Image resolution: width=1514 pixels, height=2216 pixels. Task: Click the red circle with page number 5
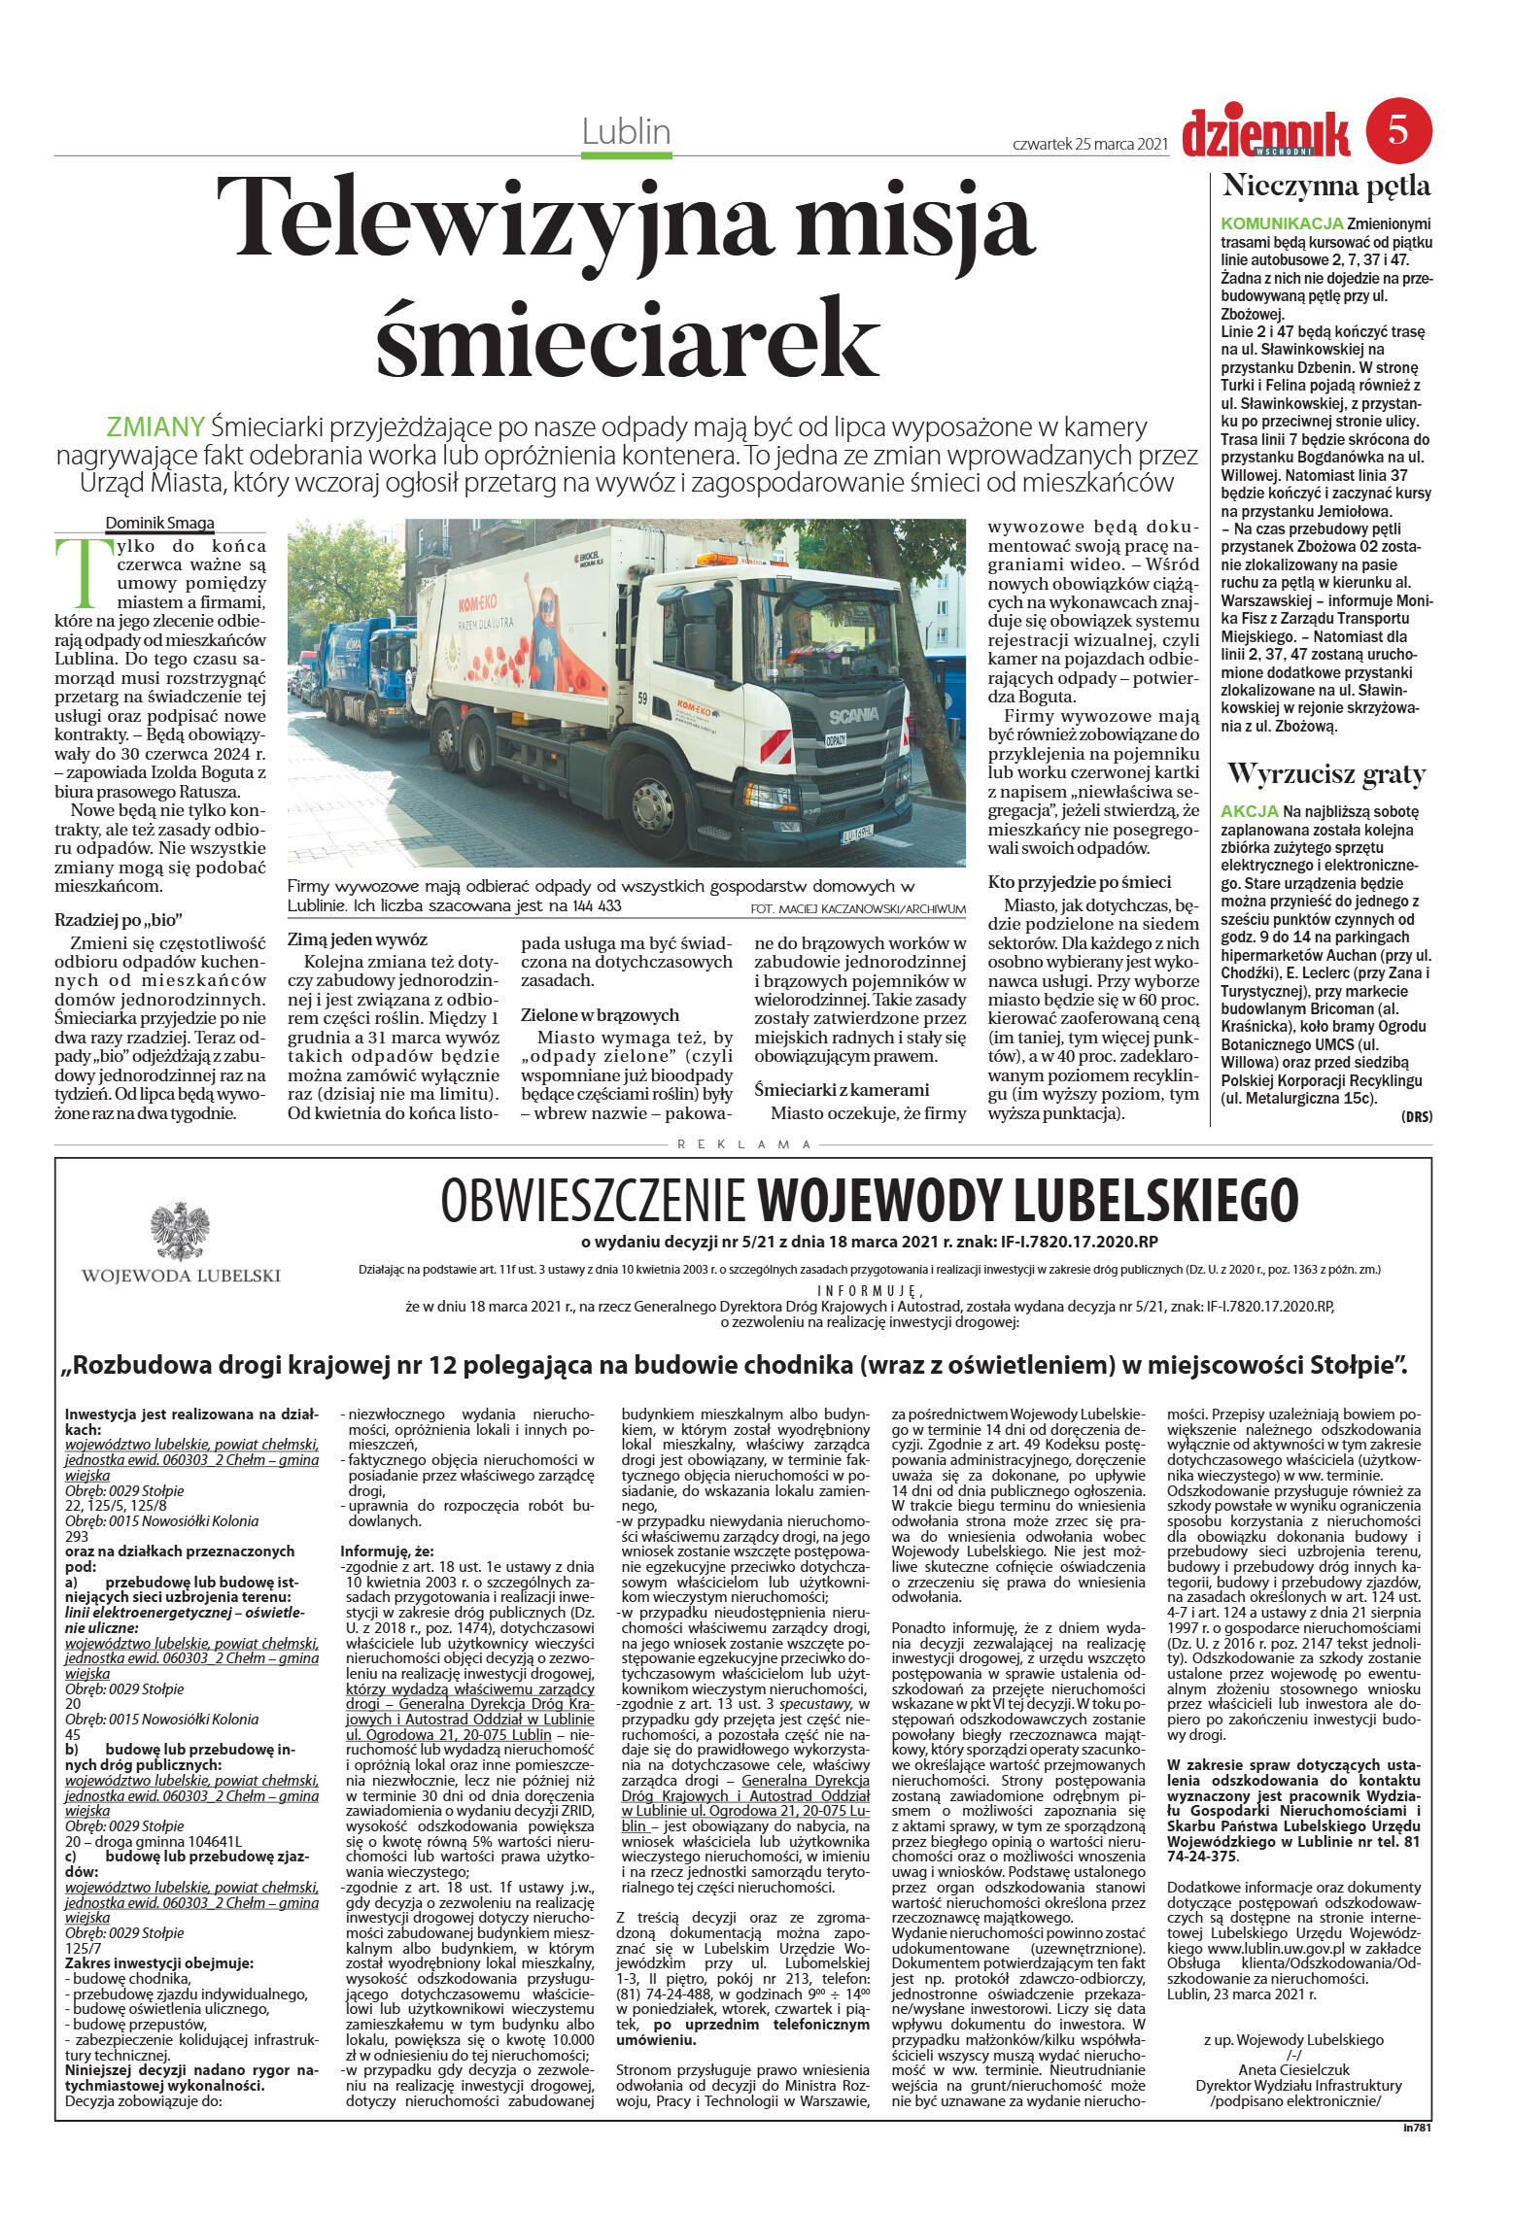click(1398, 130)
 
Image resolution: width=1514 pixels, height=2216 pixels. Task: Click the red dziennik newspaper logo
click(1265, 134)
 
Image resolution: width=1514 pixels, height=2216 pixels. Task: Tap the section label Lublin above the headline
click(627, 131)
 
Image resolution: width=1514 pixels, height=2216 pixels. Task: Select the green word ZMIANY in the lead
click(155, 426)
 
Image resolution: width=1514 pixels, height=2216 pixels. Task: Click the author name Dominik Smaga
click(159, 523)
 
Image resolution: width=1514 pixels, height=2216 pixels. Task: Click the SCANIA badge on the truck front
click(852, 715)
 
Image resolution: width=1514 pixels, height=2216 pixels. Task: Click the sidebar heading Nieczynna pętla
click(1325, 186)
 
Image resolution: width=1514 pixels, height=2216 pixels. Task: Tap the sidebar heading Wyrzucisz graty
click(1325, 774)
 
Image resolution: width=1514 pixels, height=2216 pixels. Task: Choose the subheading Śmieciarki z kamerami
click(842, 1089)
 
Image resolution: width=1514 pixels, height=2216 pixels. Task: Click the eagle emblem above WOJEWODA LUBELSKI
click(180, 1232)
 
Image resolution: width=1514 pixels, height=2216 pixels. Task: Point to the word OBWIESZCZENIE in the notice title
click(593, 1201)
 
